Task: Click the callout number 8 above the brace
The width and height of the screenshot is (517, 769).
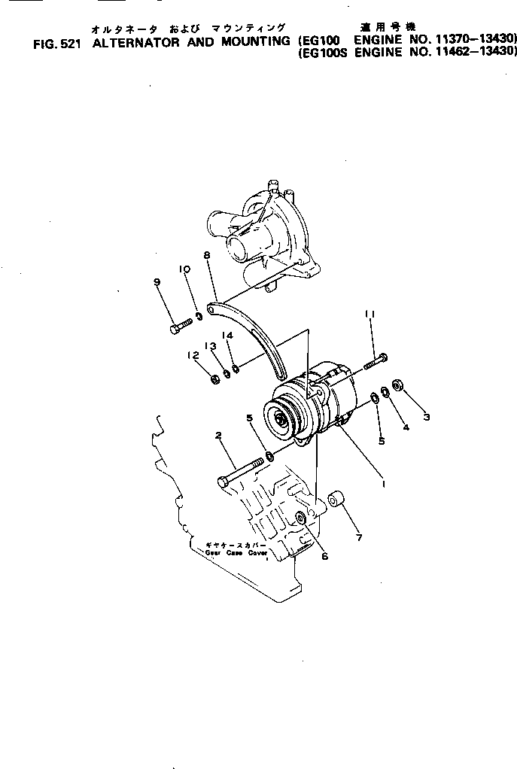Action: pos(206,256)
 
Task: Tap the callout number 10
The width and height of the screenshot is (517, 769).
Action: pos(184,269)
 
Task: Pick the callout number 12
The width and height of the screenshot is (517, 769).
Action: pos(193,355)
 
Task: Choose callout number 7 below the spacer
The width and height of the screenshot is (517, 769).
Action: pos(359,537)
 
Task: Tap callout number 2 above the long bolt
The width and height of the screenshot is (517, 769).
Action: pos(217,435)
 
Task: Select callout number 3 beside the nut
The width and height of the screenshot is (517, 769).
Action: pos(427,416)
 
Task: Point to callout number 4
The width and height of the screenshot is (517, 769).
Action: pos(406,427)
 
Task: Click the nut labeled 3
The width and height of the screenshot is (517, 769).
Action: pos(398,388)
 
